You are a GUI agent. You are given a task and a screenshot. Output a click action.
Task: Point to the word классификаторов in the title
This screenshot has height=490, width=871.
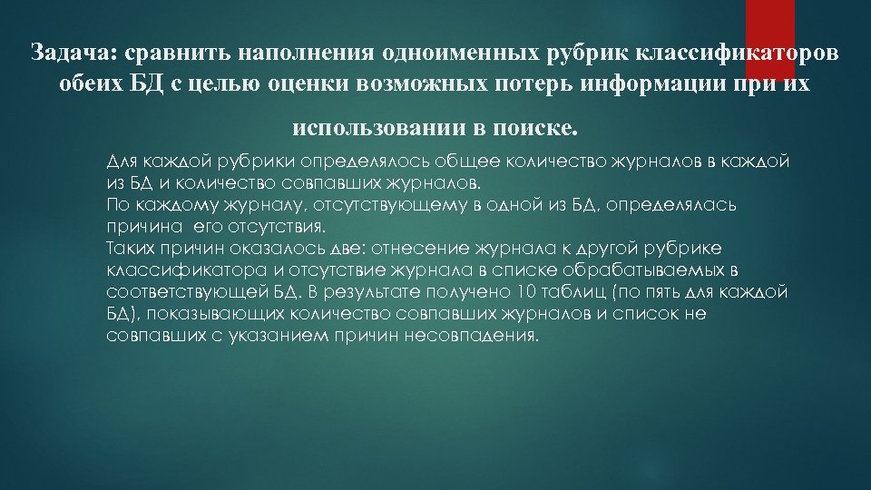pyautogui.click(x=745, y=51)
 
